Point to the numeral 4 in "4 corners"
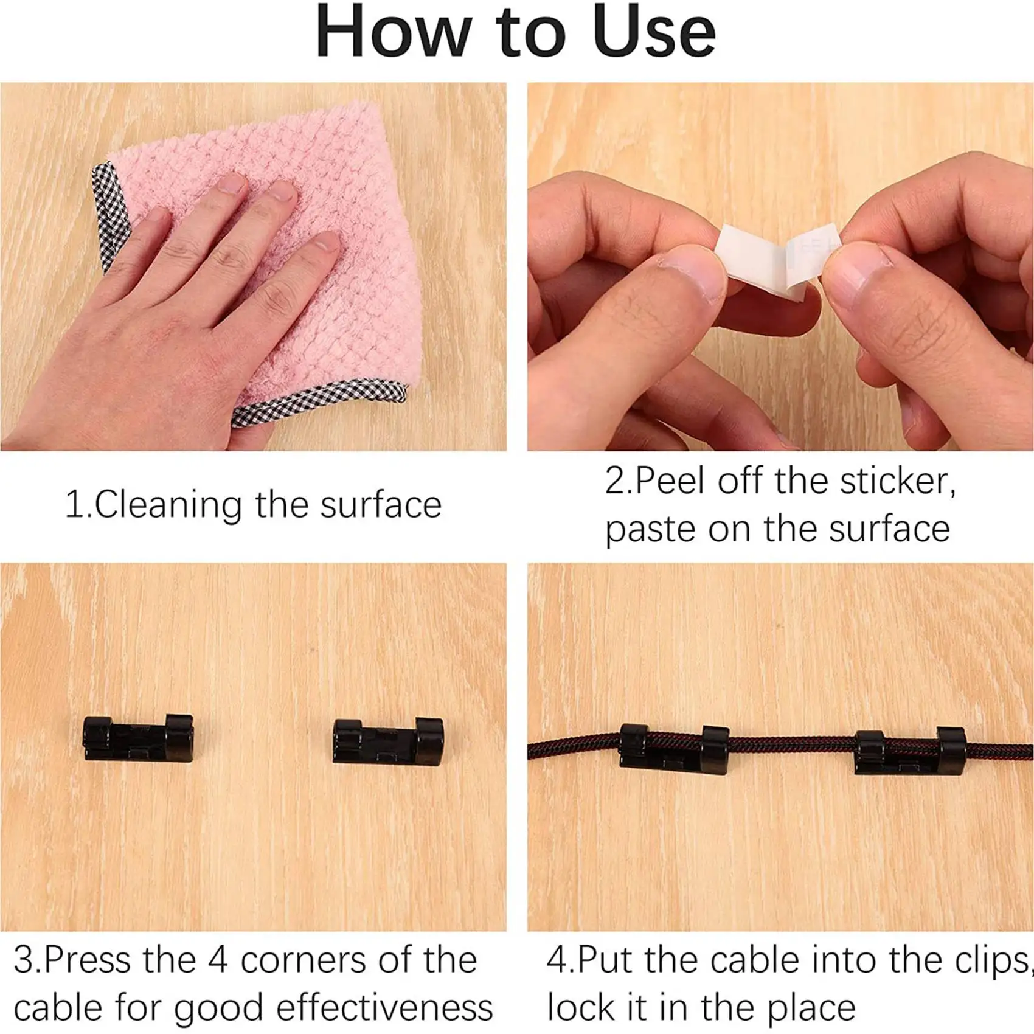(x=218, y=960)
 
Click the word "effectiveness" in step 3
(x=384, y=1008)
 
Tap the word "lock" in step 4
(x=581, y=1008)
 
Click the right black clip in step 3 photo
(x=388, y=740)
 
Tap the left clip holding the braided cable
(x=674, y=749)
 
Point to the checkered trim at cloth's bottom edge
(x=316, y=401)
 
